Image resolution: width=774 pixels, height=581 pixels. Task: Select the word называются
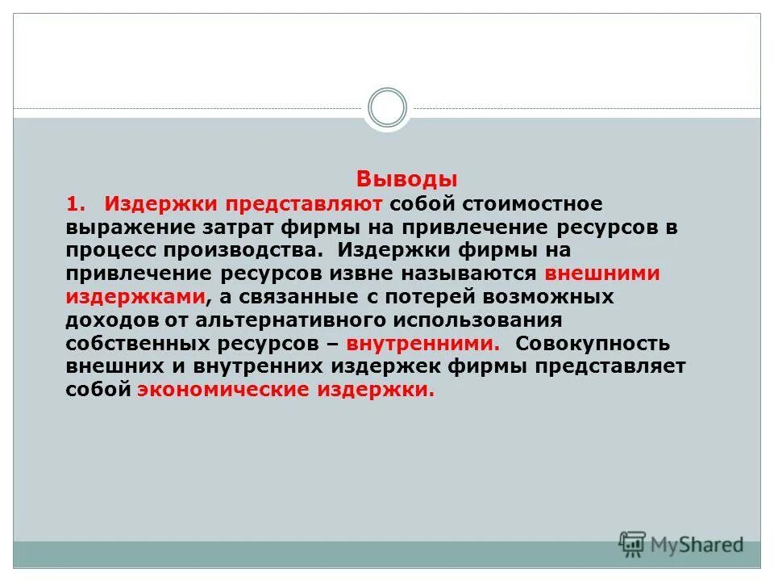pos(484,273)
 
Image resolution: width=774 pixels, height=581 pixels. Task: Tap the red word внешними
pos(601,273)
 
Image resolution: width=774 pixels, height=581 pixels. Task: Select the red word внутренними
pos(422,343)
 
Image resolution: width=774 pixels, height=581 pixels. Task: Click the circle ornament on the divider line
pos(387,108)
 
